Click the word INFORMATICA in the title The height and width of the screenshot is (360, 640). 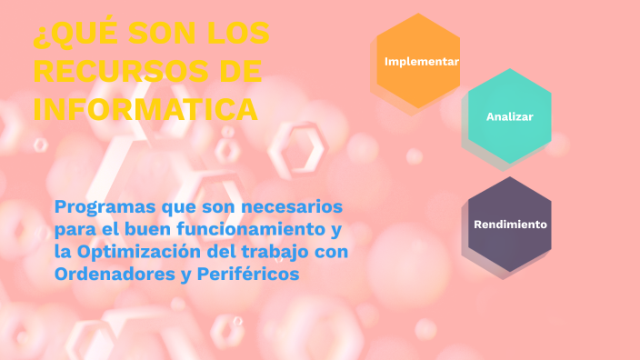click(145, 109)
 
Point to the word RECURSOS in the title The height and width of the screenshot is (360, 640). click(117, 71)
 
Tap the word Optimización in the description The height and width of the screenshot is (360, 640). click(136, 251)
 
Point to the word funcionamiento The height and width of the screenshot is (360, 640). click(246, 229)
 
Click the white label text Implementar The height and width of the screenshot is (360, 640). click(421, 62)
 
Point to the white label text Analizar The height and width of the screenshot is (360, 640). click(509, 116)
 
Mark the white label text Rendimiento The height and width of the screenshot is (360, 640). click(510, 224)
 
